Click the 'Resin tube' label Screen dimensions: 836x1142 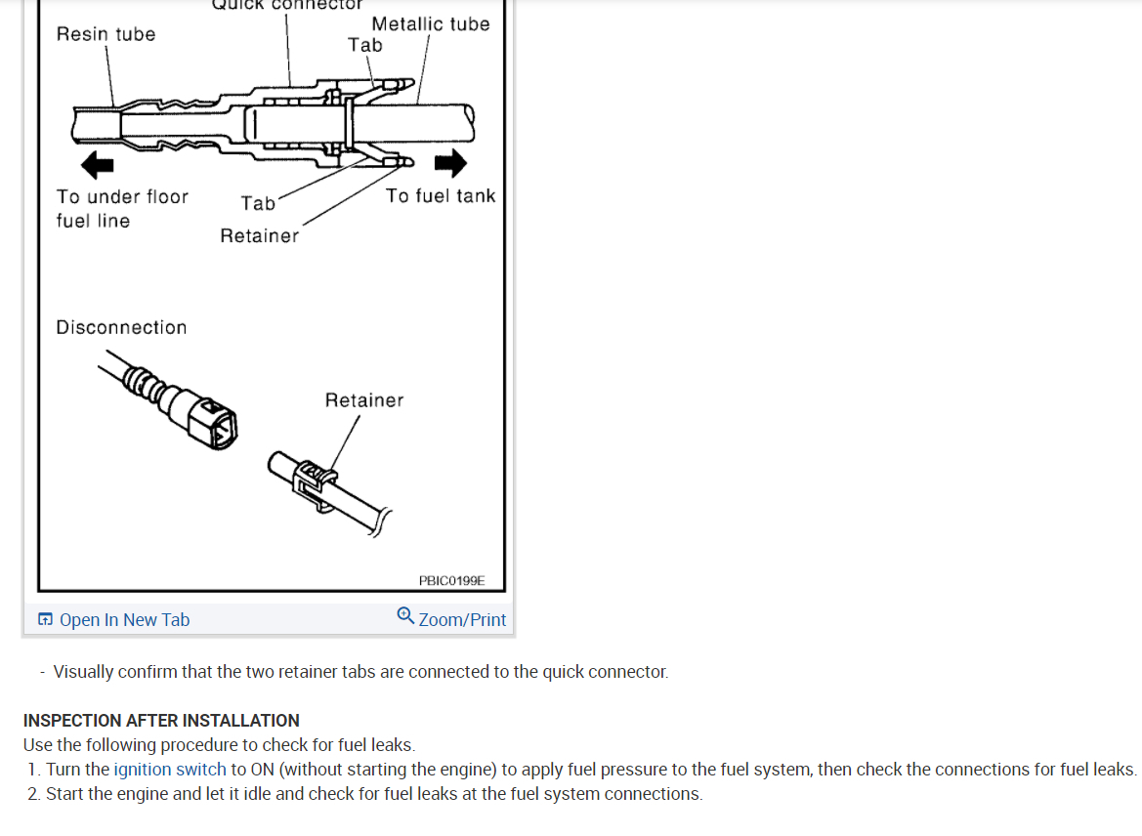pos(106,34)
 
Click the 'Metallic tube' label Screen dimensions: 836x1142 pos(430,24)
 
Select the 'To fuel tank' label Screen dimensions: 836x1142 pos(440,196)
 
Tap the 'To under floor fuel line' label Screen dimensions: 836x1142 pos(121,209)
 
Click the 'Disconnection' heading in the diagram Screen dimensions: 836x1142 pos(121,328)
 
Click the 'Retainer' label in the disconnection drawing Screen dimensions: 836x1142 pos(363,400)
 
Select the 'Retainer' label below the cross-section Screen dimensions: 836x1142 pos(259,236)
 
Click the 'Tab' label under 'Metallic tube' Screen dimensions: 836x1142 pos(364,45)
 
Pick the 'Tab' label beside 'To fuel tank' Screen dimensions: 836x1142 pos(258,203)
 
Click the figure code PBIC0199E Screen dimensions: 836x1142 pos(450,580)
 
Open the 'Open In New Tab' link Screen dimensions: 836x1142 pos(124,620)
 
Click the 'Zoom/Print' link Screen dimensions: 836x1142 pos(462,620)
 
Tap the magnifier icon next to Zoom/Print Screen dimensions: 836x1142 pos(405,615)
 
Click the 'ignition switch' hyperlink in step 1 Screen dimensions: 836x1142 pos(170,770)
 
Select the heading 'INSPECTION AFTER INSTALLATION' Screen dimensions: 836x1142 pos(161,721)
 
